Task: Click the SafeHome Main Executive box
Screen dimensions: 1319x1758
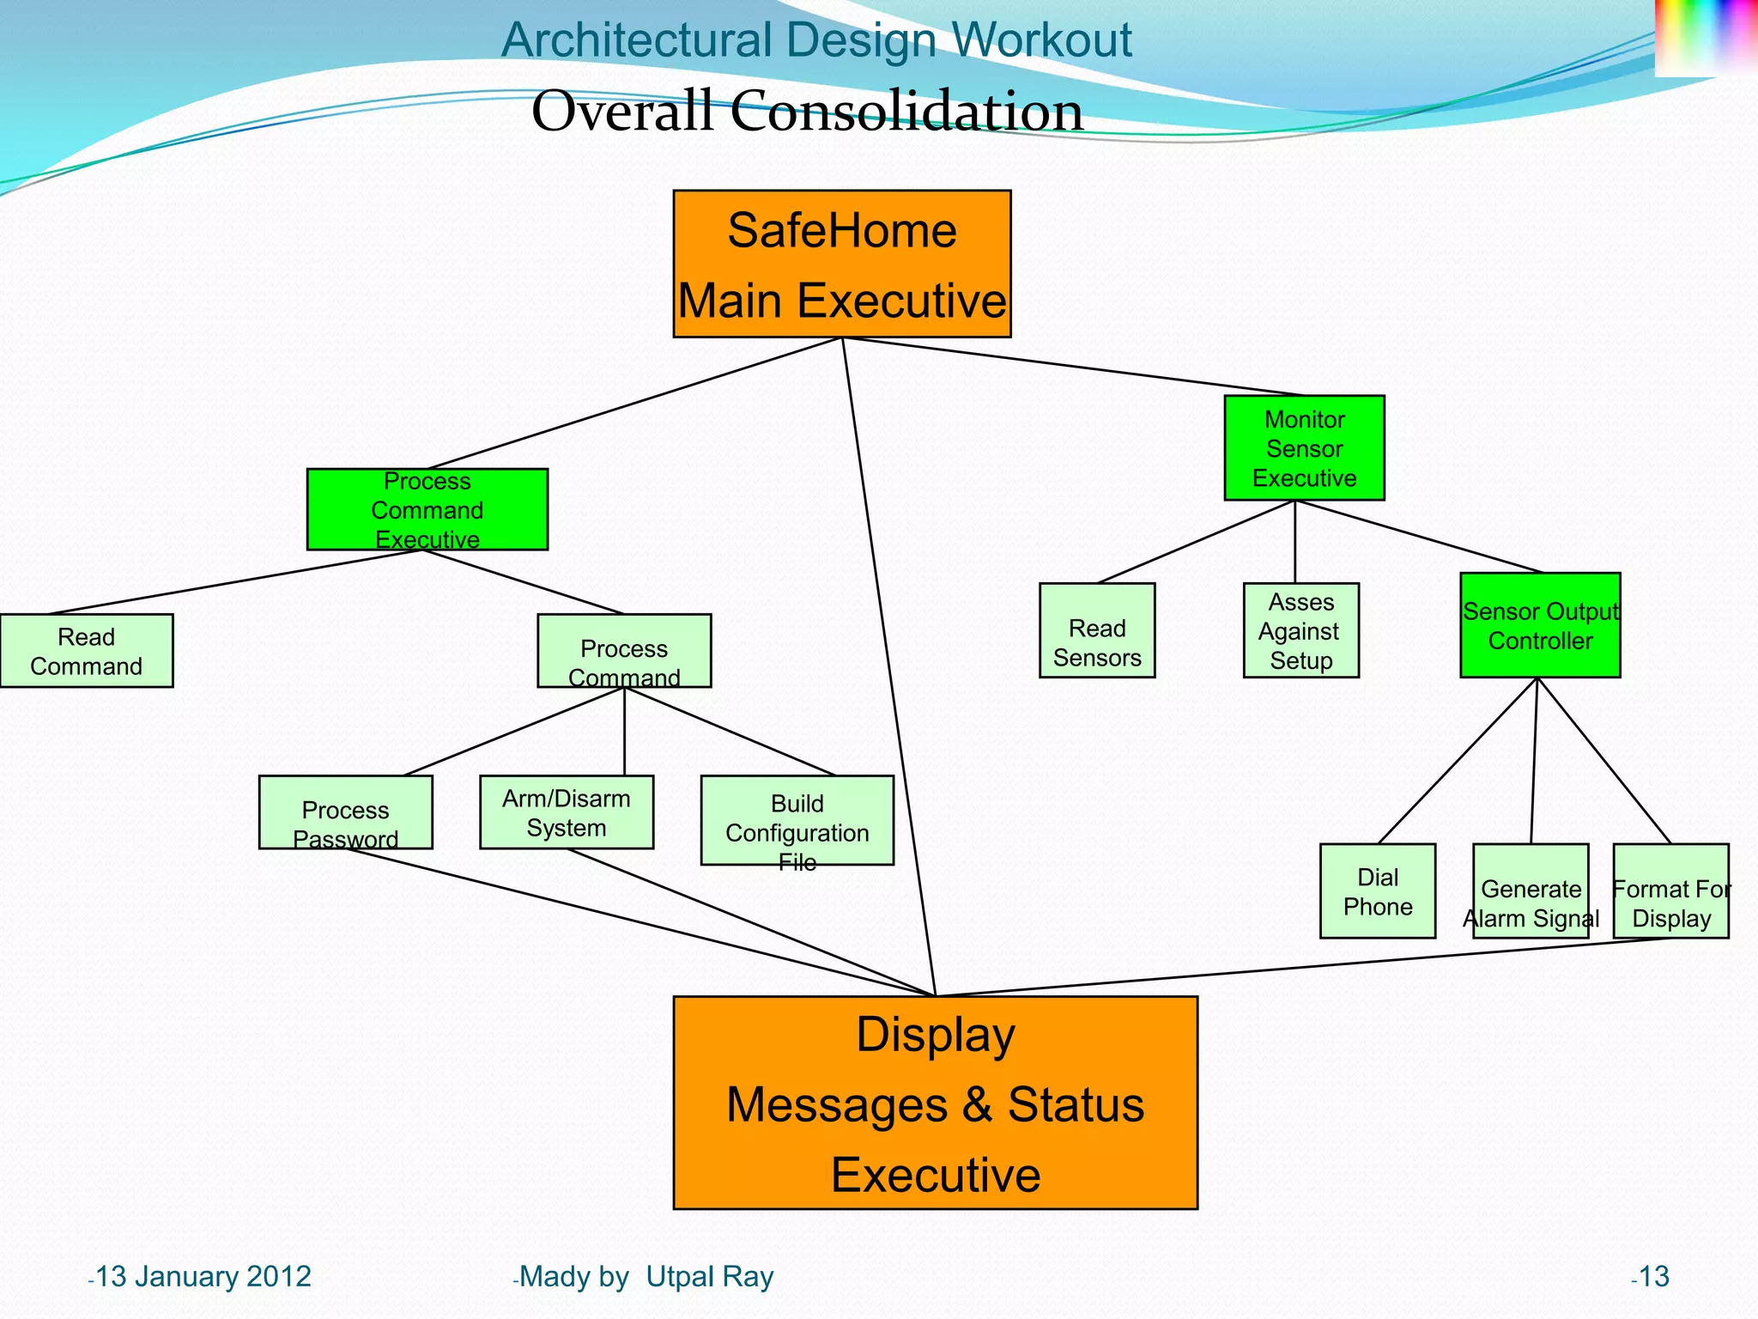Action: click(x=841, y=264)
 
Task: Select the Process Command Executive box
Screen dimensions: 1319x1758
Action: click(x=427, y=509)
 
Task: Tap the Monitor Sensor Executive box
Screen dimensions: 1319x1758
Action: click(x=1303, y=447)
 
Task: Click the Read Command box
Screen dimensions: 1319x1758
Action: click(x=86, y=650)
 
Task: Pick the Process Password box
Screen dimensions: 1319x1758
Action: click(x=345, y=811)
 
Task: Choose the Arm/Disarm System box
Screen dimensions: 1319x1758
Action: click(x=566, y=811)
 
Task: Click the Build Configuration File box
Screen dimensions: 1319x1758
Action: click(x=797, y=820)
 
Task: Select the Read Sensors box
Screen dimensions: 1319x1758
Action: click(x=1096, y=630)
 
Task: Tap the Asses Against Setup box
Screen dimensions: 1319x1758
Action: click(x=1300, y=630)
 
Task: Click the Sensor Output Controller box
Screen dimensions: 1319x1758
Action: click(x=1539, y=625)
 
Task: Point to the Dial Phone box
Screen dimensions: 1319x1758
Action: click(x=1377, y=890)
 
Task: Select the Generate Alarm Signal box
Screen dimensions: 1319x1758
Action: click(x=1530, y=890)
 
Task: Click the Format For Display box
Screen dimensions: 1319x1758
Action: click(x=1670, y=890)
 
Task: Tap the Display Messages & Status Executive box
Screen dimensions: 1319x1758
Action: click(x=935, y=1103)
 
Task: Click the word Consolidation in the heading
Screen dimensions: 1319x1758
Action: click(x=906, y=112)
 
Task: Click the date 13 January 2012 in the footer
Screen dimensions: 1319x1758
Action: click(x=203, y=1276)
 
